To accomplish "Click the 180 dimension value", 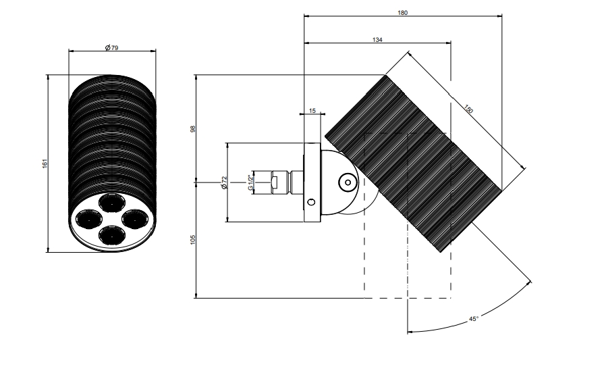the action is tap(402, 13).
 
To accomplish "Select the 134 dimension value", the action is tap(377, 40).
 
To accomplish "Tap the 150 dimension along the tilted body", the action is tap(468, 109).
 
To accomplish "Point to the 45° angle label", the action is tap(474, 319).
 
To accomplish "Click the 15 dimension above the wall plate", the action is tap(312, 111).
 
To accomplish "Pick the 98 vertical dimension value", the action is tap(193, 128).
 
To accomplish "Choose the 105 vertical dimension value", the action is tap(193, 239).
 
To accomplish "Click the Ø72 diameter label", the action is tap(224, 182).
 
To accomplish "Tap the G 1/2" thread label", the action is tap(250, 182).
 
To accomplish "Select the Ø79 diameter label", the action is tap(112, 48).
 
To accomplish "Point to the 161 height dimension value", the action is tap(45, 164).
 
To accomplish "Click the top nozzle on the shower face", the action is tap(112, 202).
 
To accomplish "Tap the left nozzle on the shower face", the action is tap(88, 219).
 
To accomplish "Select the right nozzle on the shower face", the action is tap(135, 218).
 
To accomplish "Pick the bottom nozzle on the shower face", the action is tap(112, 234).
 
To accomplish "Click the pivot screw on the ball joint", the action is tap(348, 182).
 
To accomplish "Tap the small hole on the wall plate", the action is tap(311, 202).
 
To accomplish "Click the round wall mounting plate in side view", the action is tap(312, 182).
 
